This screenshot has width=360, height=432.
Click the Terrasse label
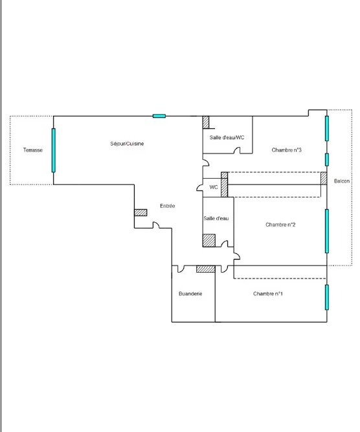33,150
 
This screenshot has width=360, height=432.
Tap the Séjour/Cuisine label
127,144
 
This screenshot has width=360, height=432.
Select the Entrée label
168,206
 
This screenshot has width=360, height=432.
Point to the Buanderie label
190,293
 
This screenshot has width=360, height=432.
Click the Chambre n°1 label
267,293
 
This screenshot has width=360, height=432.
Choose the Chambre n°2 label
280,225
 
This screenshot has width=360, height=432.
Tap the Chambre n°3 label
286,150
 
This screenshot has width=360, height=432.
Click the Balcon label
342,181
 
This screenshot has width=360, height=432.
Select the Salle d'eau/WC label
227,137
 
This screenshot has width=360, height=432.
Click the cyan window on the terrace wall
54,150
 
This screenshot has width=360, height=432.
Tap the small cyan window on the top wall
159,116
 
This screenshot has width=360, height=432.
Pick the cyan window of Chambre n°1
327,297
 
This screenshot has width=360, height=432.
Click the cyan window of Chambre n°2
327,231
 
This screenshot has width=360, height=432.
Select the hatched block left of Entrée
141,212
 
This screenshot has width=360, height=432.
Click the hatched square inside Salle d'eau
209,240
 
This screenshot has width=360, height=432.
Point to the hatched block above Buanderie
206,269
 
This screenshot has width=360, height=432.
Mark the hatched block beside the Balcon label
324,178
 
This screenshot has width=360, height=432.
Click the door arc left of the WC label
199,188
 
